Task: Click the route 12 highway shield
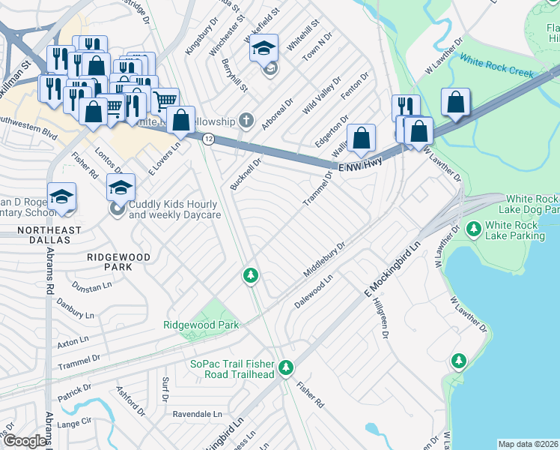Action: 209,139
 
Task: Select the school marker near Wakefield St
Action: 264,49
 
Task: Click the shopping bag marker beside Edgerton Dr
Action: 362,138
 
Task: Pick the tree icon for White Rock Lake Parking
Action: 473,227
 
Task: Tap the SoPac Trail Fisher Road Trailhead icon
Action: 284,367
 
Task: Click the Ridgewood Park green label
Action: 201,325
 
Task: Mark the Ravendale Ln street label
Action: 198,413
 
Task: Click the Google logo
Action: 25,441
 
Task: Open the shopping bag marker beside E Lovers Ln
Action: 181,119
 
